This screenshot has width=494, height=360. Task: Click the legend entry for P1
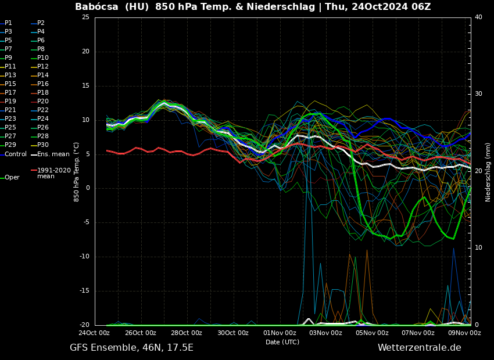point(8,23)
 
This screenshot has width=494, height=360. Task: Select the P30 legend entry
point(43,145)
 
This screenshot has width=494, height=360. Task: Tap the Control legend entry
point(16,154)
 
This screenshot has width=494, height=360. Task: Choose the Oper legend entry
point(12,178)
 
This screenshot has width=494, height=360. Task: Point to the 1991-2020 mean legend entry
point(53,173)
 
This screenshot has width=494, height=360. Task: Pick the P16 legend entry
point(43,84)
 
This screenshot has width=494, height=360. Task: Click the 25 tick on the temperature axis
point(85,17)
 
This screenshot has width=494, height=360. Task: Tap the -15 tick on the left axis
point(84,291)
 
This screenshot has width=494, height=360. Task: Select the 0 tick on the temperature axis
point(87,188)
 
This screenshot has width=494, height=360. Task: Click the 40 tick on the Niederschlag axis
point(478,17)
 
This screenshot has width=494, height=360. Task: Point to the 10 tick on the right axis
point(478,248)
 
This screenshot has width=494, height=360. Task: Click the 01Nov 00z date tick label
point(280,333)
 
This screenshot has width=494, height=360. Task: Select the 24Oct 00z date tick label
point(95,333)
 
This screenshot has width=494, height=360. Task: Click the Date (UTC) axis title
point(282,343)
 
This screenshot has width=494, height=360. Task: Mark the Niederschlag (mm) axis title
point(488,172)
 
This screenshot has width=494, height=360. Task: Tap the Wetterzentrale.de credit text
point(419,348)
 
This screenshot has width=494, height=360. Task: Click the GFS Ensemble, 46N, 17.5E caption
point(131,348)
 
